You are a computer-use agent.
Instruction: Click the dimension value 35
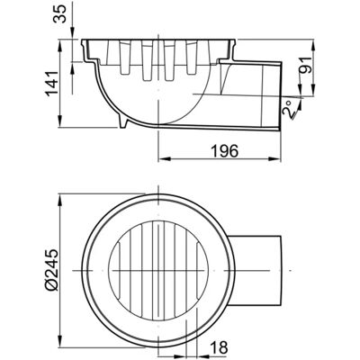click(59, 13)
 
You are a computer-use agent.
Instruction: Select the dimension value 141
click(51, 83)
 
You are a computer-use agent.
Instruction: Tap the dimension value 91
click(304, 65)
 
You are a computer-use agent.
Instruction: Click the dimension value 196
click(224, 150)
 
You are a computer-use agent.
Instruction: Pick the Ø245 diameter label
click(52, 269)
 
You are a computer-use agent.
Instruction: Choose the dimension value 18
click(219, 347)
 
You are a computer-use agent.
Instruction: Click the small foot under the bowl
click(124, 122)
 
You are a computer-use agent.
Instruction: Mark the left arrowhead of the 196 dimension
click(164, 158)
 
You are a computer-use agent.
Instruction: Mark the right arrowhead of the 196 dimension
click(274, 158)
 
